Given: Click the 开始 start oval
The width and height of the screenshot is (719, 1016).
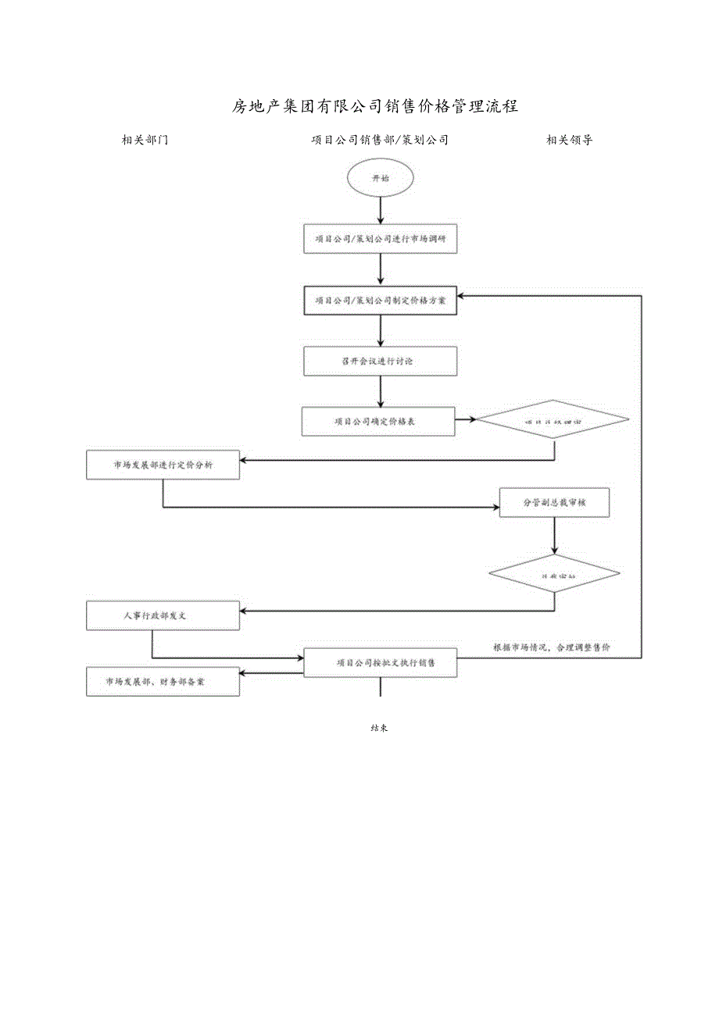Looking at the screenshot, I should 380,178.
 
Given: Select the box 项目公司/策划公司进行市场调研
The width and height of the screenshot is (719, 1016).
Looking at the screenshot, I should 380,240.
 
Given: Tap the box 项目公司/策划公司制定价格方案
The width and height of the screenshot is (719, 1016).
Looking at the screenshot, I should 380,301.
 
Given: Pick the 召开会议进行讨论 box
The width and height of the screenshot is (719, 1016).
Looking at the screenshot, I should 380,361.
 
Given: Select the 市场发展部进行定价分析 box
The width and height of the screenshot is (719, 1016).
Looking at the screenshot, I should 163,465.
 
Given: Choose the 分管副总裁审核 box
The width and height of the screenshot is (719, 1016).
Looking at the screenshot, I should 554,504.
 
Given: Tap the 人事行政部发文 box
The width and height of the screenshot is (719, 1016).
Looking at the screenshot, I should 163,615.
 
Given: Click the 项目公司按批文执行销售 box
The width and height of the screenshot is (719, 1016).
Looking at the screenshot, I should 380,662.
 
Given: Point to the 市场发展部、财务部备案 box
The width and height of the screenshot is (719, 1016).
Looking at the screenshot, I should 163,682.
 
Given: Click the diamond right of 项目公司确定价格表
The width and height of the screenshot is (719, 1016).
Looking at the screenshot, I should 553,421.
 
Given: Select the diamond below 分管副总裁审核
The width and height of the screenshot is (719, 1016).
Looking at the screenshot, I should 554,575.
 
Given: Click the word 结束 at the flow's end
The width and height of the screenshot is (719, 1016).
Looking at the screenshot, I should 380,728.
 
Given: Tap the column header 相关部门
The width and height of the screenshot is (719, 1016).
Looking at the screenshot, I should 145,141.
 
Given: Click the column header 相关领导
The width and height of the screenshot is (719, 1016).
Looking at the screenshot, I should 569,141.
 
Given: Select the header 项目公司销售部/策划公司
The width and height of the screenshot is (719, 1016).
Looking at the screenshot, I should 380,141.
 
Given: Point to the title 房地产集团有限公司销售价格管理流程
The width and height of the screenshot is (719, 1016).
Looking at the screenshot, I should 375,106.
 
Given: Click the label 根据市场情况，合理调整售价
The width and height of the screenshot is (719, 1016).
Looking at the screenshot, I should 552,647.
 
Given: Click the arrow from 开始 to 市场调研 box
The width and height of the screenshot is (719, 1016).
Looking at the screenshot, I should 380,209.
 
